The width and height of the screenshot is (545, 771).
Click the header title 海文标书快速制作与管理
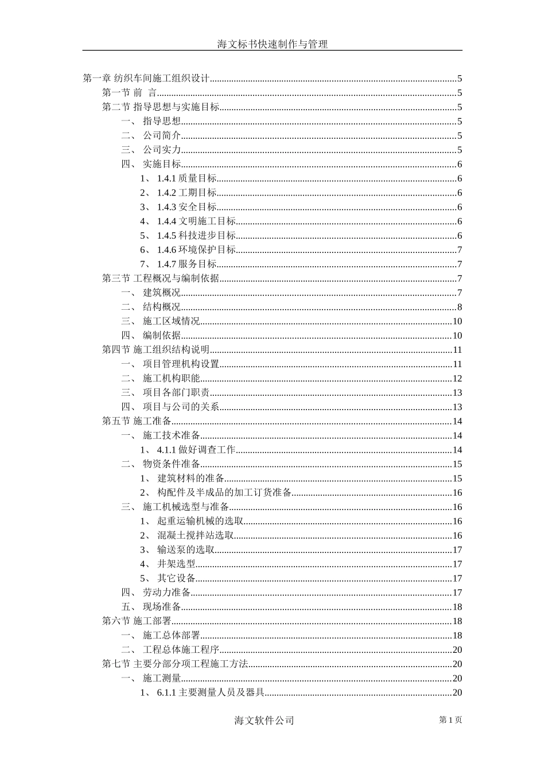coord(272,44)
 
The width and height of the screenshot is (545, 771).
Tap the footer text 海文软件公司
coord(264,721)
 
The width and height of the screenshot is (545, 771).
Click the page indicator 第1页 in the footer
coord(450,720)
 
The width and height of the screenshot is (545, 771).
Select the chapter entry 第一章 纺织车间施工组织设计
coord(147,79)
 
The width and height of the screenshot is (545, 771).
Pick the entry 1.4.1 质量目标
coord(186,178)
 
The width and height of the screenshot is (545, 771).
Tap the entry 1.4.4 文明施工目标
coord(196,221)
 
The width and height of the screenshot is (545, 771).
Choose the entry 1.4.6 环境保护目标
coord(196,250)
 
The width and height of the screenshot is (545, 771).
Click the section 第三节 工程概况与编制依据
coord(161,278)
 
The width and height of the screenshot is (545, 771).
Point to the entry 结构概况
coord(161,307)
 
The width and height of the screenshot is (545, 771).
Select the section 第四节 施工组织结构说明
coord(156,350)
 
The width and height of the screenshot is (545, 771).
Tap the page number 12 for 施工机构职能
coord(457,379)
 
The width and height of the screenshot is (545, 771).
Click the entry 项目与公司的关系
coord(181,407)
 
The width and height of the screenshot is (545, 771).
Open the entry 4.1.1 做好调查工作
coord(196,450)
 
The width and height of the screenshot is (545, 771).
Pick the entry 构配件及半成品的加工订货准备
coord(224,492)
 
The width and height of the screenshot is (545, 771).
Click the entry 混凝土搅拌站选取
coord(196,535)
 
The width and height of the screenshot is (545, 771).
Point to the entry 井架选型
coord(177,564)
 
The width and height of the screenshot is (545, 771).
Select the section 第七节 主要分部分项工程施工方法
coord(175,664)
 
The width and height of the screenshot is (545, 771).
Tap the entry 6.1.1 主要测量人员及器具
coord(211,692)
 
